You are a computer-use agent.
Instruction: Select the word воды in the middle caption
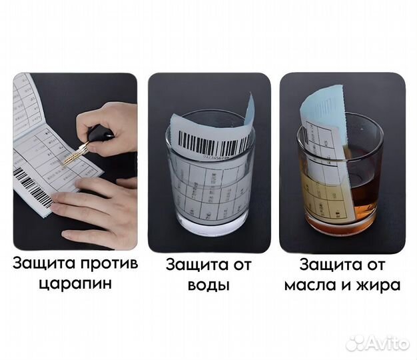click(x=209, y=286)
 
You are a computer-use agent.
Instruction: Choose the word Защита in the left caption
click(x=40, y=263)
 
